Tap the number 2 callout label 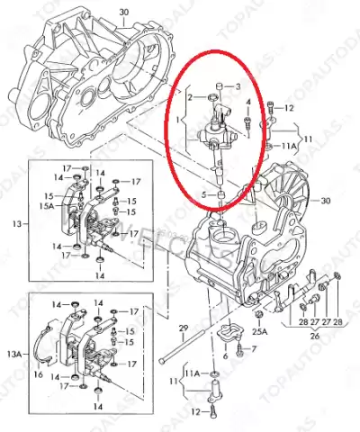(x=191, y=96)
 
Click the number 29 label (x=182, y=327)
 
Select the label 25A (x=261, y=332)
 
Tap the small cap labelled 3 (x=219, y=86)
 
